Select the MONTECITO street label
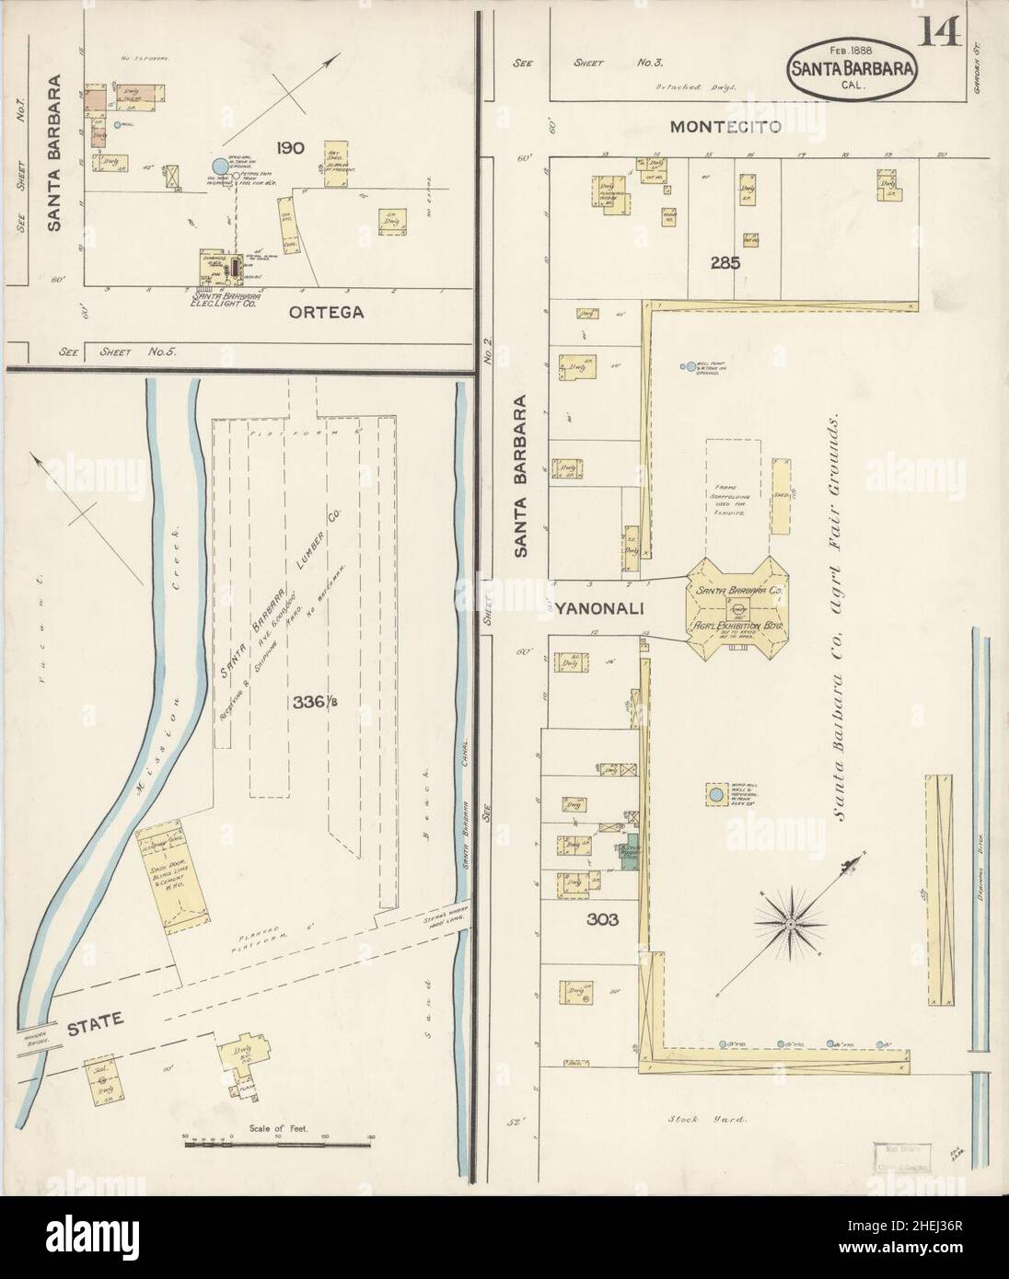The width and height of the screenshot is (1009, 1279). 725,127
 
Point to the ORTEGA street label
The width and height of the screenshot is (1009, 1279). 326,312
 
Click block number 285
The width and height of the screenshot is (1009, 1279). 725,262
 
